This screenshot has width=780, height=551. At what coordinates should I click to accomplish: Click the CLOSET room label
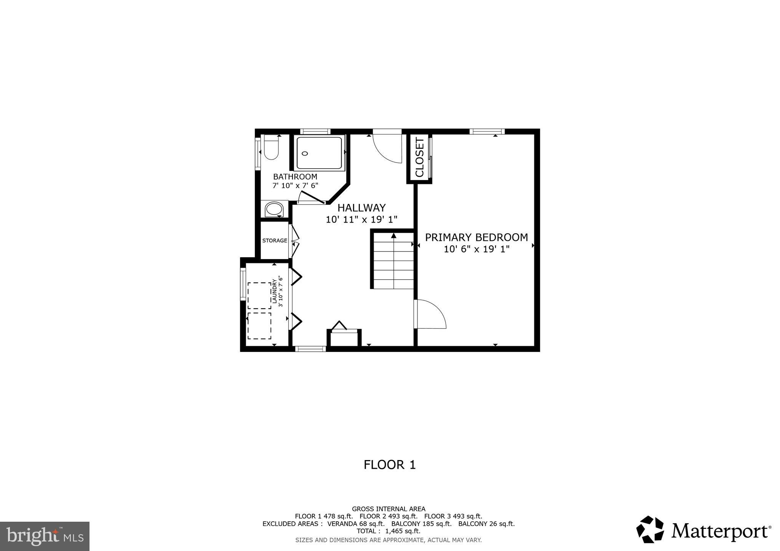click(419, 158)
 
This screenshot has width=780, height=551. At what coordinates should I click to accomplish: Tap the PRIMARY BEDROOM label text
click(476, 237)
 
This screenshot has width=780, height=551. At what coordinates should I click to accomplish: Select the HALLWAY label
click(361, 208)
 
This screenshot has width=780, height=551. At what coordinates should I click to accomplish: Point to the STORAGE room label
click(274, 240)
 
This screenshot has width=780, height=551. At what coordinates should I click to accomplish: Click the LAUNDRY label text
click(274, 291)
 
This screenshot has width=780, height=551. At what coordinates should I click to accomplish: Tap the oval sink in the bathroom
click(274, 209)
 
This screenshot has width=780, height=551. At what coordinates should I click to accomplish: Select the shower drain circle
click(305, 153)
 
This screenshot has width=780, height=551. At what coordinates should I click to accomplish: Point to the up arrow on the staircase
click(393, 236)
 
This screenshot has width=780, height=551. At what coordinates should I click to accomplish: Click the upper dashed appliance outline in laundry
click(259, 295)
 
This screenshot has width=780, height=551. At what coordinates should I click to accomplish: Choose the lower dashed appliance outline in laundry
click(259, 326)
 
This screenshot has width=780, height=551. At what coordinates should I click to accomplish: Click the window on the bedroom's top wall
click(487, 132)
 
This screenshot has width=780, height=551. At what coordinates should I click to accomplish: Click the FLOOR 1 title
click(390, 465)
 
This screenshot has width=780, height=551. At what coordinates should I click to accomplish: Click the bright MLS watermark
click(45, 536)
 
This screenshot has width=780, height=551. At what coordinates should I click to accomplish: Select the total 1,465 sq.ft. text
click(388, 531)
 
